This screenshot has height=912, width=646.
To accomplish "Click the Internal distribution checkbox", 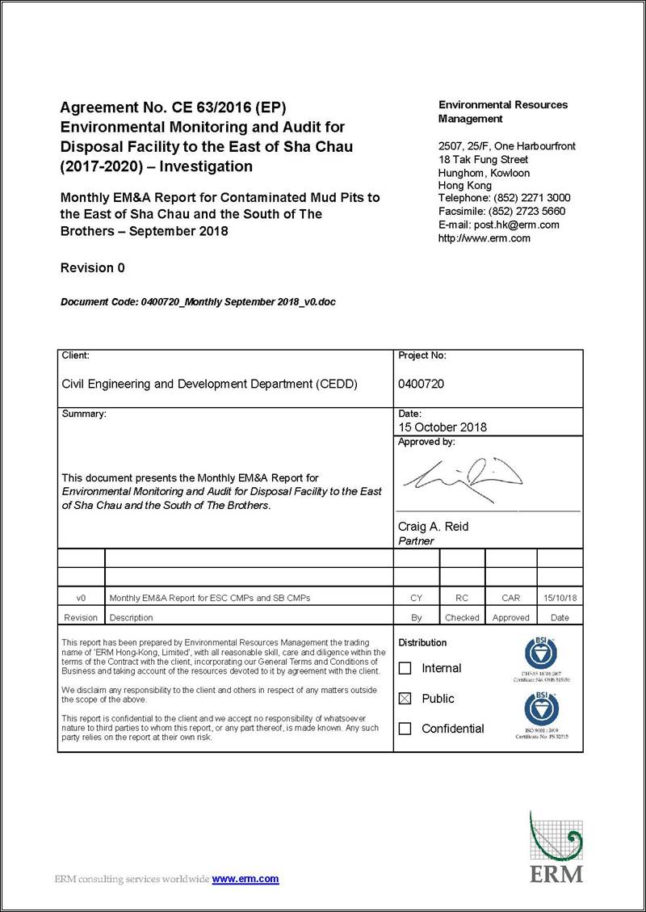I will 405,668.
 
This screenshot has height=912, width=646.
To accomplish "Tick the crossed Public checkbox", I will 405,699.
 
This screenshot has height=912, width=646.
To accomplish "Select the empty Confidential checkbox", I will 405,729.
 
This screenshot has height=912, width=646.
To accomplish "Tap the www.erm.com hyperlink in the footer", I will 245,879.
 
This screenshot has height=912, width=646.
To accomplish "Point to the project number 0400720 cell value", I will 421,385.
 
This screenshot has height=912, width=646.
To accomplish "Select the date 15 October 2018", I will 443,427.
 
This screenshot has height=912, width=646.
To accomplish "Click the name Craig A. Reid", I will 433,527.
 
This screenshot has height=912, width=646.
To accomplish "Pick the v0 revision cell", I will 81,598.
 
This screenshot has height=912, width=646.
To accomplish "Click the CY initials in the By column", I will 417,598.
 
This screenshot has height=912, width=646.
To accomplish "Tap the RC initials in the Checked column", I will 462,598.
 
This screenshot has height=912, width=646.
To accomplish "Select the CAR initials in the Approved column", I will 510,598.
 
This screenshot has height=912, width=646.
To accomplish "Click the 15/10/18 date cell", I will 560,598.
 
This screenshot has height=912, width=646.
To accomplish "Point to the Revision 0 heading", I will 93,267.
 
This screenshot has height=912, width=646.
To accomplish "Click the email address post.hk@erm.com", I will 524,225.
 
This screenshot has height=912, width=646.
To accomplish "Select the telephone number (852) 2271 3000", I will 532,198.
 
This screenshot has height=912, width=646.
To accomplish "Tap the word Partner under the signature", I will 416,541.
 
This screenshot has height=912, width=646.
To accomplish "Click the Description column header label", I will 131,617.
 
